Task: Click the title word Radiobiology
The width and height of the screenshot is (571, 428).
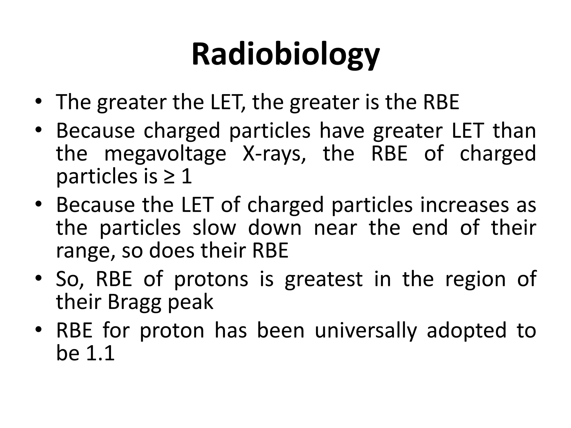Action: (285, 54)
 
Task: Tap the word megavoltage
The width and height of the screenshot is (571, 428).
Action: (165, 154)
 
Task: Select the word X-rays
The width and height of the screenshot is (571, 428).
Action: (274, 154)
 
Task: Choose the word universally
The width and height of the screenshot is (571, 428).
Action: (366, 330)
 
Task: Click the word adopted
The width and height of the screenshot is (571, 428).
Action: (466, 330)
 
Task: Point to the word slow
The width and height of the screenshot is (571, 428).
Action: (214, 228)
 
